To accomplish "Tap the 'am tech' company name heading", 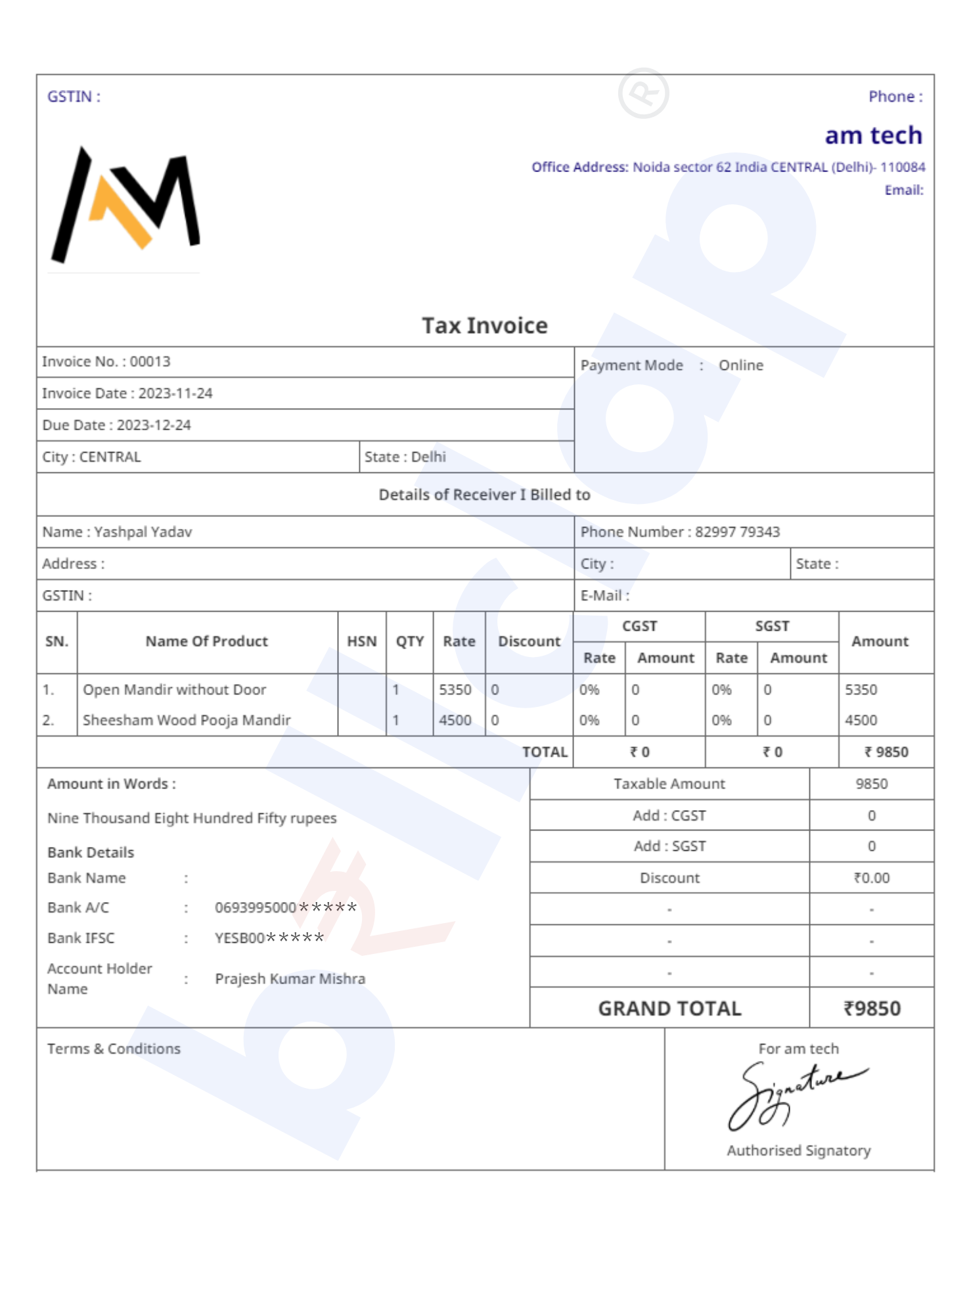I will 873,135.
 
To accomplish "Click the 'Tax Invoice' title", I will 484,326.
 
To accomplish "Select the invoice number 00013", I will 150,362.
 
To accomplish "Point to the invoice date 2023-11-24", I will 175,394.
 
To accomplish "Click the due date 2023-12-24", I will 154,425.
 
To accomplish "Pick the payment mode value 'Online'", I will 740,365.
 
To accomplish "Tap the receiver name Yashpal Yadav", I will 143,532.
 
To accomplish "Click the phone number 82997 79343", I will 737,532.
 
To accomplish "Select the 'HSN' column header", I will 361,642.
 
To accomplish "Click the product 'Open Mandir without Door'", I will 174,690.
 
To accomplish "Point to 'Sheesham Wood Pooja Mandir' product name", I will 187,721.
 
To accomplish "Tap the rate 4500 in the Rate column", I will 455,721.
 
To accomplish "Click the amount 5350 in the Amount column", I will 861,690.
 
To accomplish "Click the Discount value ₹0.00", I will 871,878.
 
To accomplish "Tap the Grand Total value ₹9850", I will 871,1008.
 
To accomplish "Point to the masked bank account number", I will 286,908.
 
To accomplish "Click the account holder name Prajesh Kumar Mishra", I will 290,979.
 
